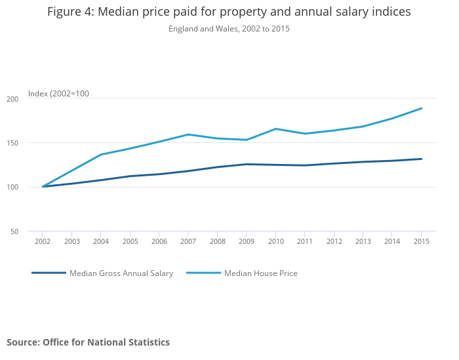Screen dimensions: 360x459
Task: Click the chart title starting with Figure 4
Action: [229, 12]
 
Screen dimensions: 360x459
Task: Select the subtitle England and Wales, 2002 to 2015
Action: [229, 29]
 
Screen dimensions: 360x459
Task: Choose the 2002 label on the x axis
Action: [43, 241]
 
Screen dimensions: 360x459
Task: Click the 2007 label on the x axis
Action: [188, 241]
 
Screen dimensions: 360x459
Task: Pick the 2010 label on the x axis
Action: [275, 241]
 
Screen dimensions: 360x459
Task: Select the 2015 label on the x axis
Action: [421, 241]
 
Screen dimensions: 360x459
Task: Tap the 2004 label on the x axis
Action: [101, 241]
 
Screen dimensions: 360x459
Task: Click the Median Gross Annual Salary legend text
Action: [121, 273]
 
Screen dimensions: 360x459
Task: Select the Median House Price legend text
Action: [260, 273]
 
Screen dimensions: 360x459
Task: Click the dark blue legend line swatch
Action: [49, 273]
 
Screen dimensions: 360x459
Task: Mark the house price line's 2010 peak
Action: [275, 129]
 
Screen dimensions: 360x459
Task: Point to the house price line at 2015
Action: [421, 108]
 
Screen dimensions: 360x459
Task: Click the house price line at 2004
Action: [101, 155]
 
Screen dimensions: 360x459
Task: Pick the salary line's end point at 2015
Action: [421, 159]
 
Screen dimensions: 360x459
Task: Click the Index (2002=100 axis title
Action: [58, 94]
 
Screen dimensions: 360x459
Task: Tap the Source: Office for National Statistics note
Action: [88, 342]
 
